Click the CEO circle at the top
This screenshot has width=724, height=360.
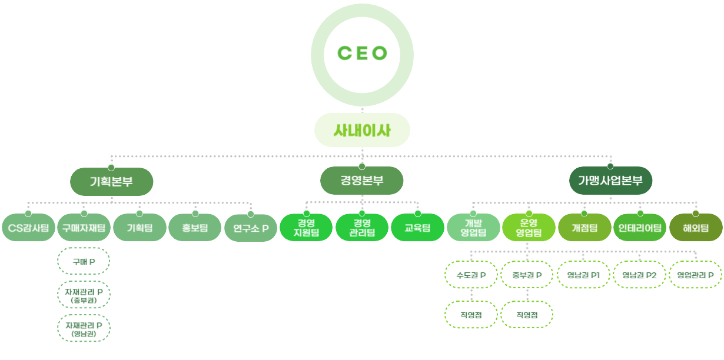tap(362, 54)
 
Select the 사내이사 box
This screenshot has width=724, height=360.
tap(362, 130)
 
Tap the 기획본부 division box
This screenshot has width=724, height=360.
tap(111, 181)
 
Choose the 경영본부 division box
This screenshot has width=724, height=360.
tap(362, 181)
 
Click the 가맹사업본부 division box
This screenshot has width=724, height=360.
tap(610, 181)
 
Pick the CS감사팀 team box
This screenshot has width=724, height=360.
tap(28, 228)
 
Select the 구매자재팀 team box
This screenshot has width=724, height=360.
tap(84, 228)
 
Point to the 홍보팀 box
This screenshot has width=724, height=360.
tap(195, 228)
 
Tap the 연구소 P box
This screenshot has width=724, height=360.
tap(251, 228)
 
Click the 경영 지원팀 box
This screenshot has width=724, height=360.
tap(306, 228)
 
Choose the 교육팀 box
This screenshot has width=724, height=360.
tap(417, 228)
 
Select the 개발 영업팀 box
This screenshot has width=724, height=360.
tap(473, 228)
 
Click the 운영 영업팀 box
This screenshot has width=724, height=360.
tap(529, 228)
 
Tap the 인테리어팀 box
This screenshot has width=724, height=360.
tap(640, 228)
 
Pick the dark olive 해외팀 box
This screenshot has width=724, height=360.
tap(696, 228)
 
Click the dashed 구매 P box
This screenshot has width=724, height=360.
tap(84, 262)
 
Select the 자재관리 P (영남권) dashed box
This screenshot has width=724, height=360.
tap(84, 328)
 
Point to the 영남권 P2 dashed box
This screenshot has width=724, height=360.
tap(640, 275)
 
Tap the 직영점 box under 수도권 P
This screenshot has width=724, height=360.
tap(471, 315)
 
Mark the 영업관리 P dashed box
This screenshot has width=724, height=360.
tap(696, 275)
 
